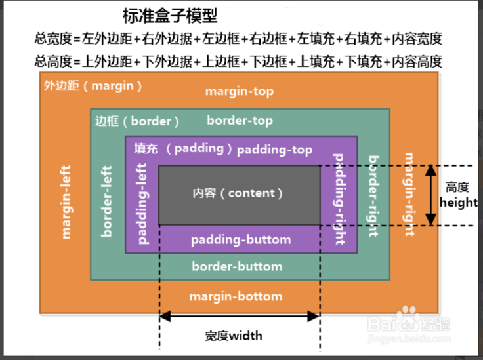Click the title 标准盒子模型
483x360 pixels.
coord(170,16)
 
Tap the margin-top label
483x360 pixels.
coord(240,91)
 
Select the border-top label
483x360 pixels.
coord(240,120)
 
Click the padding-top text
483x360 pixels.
coord(274,150)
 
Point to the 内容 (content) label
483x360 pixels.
coord(238,193)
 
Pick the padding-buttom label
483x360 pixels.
coord(241,240)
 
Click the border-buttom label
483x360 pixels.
coord(237,266)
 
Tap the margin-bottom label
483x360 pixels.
coord(236,296)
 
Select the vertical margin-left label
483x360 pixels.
coord(66,202)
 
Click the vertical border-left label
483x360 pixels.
coord(106,201)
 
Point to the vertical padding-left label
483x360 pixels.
coord(142,203)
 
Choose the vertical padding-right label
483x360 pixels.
coord(339,199)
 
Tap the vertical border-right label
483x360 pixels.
coord(373,196)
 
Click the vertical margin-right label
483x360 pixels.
coord(409,195)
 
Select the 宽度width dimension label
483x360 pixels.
coord(234,336)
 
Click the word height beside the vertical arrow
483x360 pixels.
coord(459,203)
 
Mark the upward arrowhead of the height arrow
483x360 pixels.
coord(430,170)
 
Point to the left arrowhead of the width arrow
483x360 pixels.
coord(165,316)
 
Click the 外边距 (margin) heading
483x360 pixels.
coord(93,86)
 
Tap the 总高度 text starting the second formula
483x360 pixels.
coord(53,62)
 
